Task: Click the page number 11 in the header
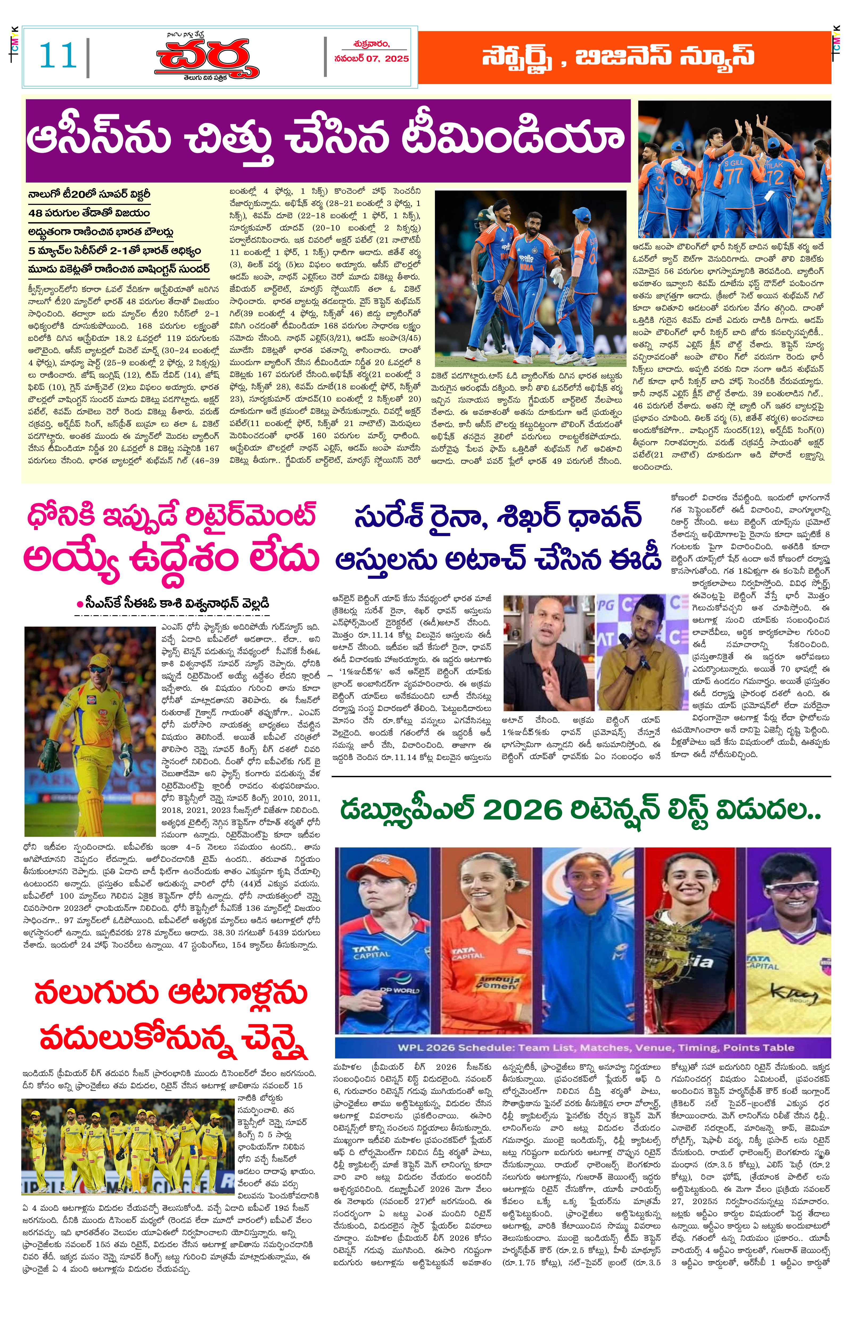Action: pyautogui.click(x=57, y=56)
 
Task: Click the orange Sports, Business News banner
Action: pyautogui.click(x=624, y=57)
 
